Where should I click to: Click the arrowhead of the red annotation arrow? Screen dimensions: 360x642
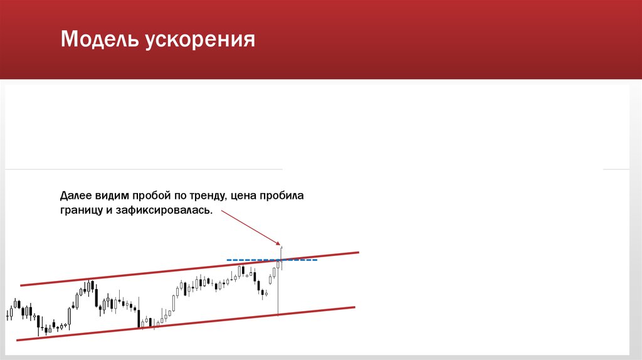click(x=280, y=243)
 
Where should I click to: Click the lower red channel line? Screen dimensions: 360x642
click(x=188, y=324)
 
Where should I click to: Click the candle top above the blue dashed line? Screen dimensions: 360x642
click(x=282, y=249)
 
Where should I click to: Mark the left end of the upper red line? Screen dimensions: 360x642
click(x=22, y=285)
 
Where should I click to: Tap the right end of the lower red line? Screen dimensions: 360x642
click(x=354, y=307)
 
